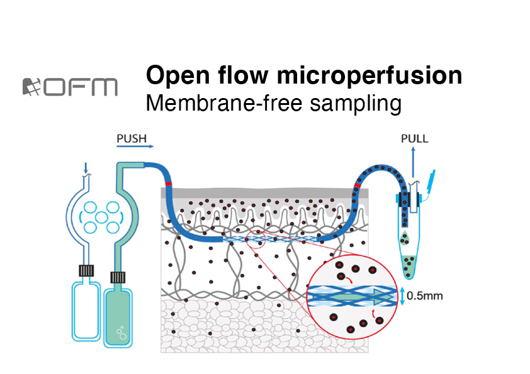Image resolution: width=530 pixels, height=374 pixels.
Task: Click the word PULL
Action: [414, 138]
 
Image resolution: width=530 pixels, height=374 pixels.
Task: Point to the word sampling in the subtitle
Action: [356, 104]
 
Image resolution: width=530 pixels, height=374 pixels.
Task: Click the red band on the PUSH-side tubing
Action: [169, 185]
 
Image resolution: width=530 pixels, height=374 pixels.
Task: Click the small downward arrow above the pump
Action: [86, 168]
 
